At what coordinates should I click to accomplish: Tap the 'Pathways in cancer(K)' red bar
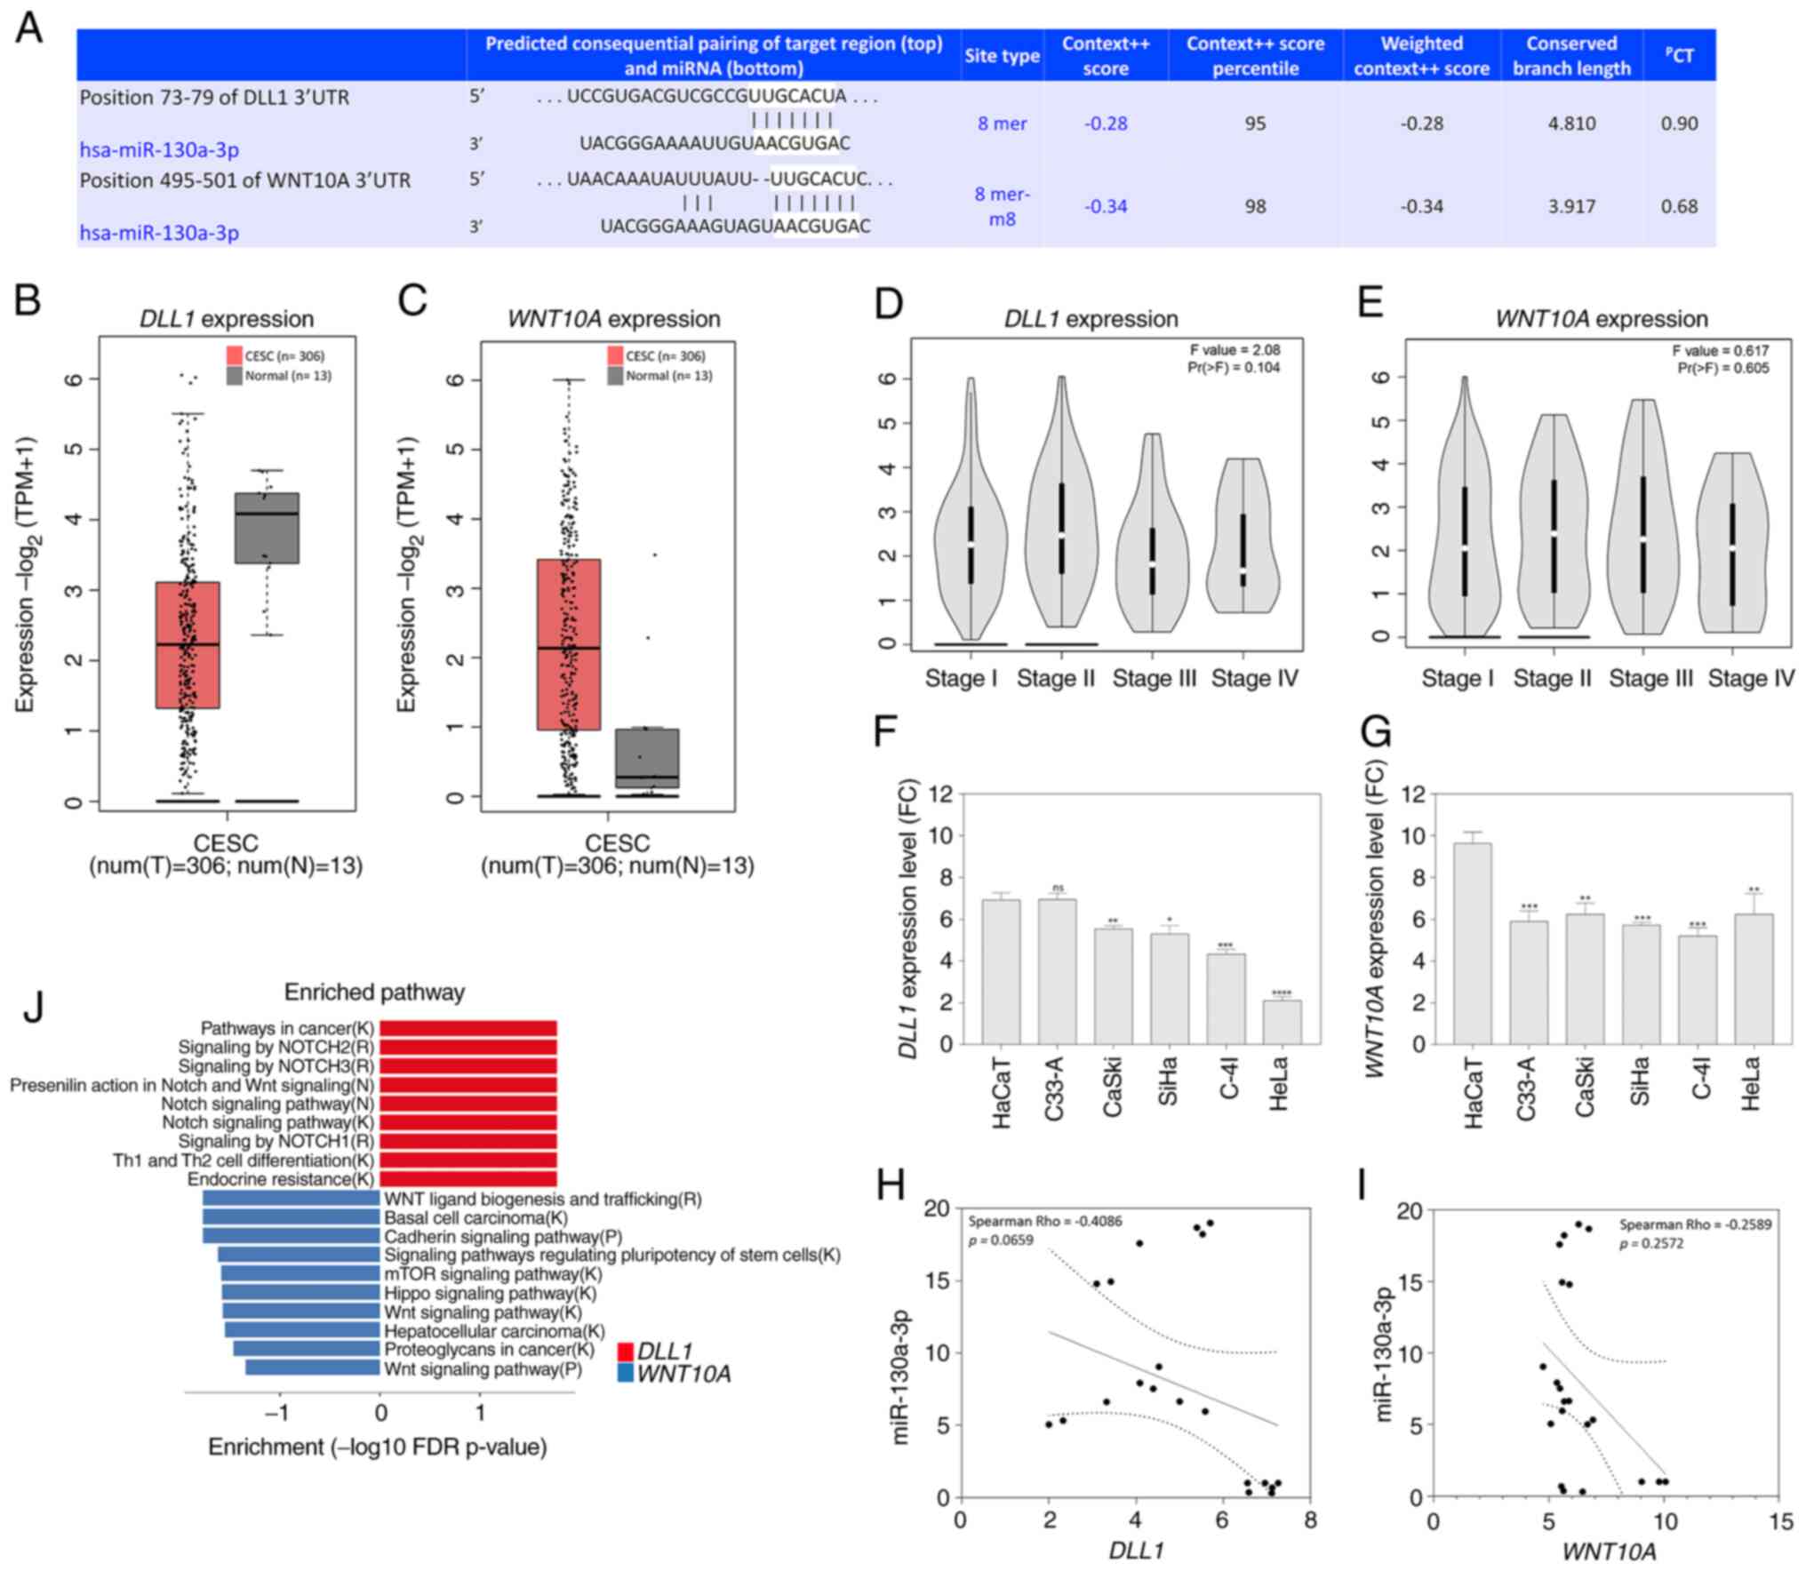[x=467, y=1028]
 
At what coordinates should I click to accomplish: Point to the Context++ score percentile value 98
[x=1254, y=206]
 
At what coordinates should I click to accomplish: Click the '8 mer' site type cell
[x=1002, y=124]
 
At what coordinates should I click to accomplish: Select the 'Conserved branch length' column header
[x=1570, y=55]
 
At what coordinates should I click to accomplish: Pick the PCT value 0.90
[x=1679, y=124]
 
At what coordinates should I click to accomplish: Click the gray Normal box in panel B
[x=267, y=527]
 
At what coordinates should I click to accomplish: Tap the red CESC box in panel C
[x=569, y=643]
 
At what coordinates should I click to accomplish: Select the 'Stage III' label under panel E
[x=1650, y=679]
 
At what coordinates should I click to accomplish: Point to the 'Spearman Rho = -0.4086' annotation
[x=1044, y=1221]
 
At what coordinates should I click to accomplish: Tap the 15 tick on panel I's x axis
[x=1780, y=1522]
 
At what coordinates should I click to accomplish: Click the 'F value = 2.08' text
[x=1235, y=350]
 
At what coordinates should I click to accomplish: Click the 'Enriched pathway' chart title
[x=374, y=993]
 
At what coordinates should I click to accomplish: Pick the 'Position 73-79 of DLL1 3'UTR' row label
[x=214, y=97]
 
